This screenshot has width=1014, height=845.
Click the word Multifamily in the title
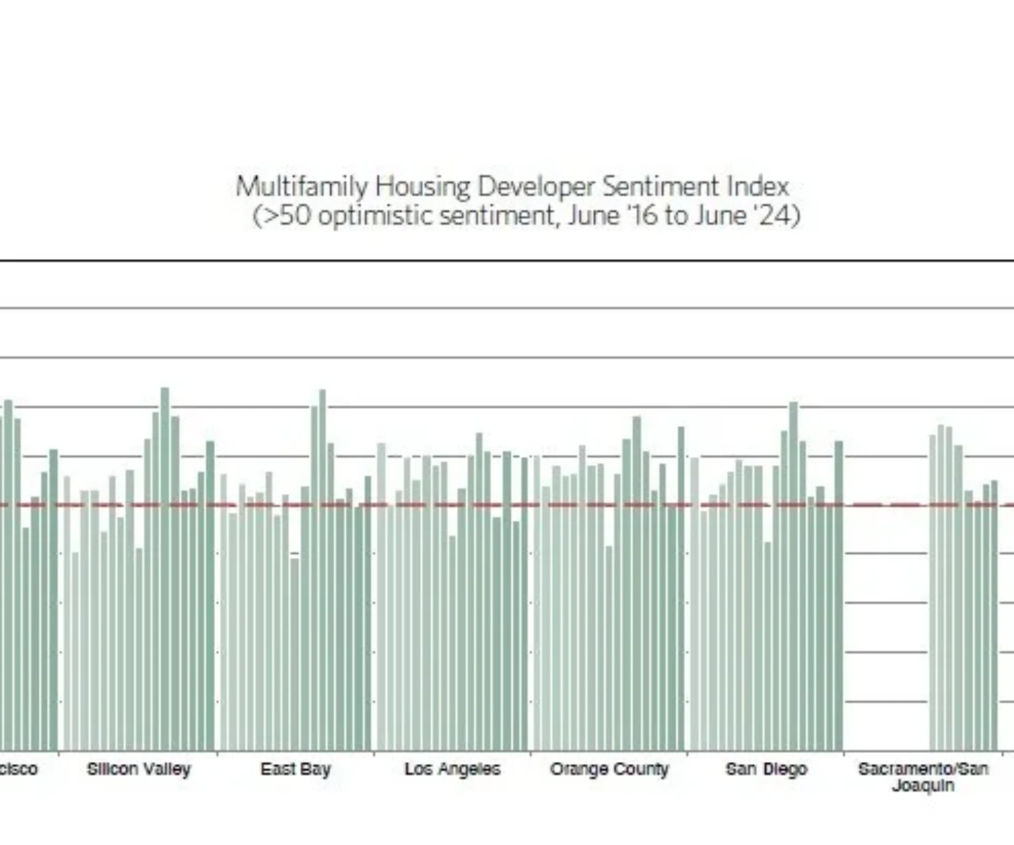[x=301, y=187]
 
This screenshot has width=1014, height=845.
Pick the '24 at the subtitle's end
[x=779, y=216]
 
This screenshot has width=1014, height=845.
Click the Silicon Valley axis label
[x=139, y=769]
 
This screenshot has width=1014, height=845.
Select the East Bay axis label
[x=295, y=769]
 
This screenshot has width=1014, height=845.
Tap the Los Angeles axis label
[x=452, y=769]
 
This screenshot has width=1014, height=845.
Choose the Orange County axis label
[x=609, y=769]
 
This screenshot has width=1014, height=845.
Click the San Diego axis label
[x=766, y=769]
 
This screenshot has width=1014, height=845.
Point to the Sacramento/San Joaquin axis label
[x=923, y=777]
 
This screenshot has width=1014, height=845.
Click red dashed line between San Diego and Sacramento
[x=886, y=505]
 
